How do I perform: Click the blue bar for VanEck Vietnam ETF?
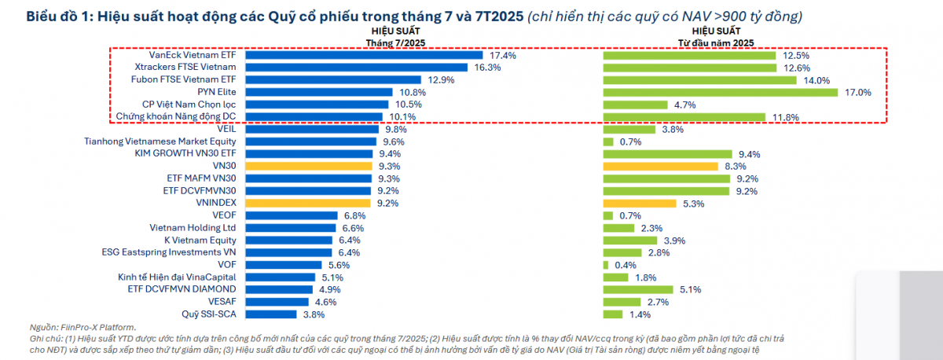[x=364, y=56]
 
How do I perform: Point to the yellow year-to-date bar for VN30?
[x=660, y=167]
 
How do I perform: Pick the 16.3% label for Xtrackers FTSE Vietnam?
[x=488, y=68]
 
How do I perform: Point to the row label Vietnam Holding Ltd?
[x=193, y=228]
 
